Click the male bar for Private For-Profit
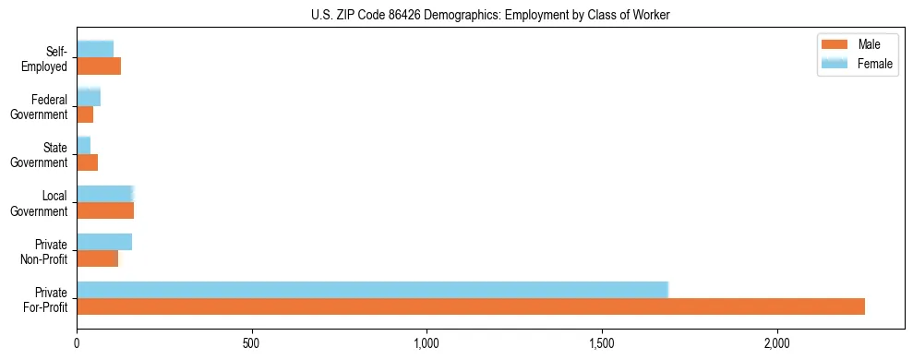tap(471, 306)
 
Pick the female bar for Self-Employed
tap(95, 49)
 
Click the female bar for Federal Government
tap(89, 97)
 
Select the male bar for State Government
tap(88, 162)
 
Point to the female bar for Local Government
tap(105, 193)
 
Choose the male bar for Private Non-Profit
tap(98, 258)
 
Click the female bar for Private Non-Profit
tap(104, 242)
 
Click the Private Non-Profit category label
tap(44, 251)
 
